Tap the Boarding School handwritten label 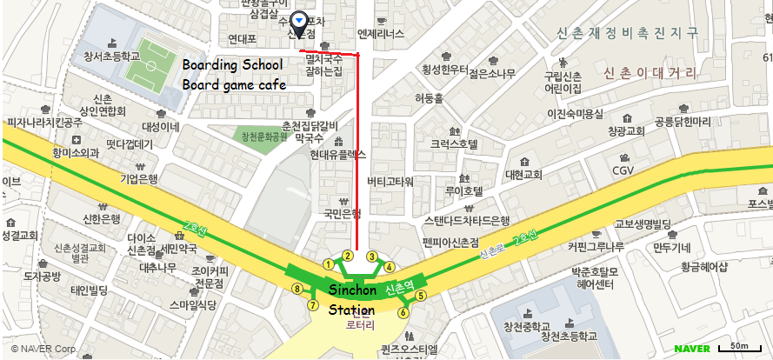click(232, 66)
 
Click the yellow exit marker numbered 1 click(328, 263)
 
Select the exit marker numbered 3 click(371, 257)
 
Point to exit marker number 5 click(421, 296)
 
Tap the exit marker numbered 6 click(403, 312)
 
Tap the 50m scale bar click(740, 349)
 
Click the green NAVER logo click(692, 349)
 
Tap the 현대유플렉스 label click(337, 154)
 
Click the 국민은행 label click(342, 213)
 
